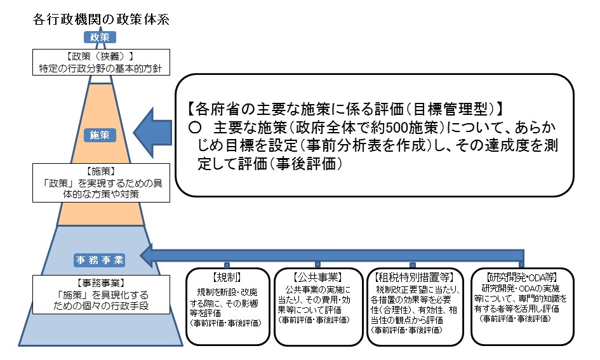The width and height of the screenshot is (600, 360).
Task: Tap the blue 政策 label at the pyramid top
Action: [x=100, y=37]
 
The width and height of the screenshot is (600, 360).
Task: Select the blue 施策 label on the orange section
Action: [x=100, y=135]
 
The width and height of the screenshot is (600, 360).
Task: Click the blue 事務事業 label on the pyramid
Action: [x=100, y=260]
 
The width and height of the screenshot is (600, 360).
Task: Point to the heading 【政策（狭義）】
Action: [x=100, y=56]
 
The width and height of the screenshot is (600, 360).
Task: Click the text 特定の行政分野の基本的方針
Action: [x=100, y=67]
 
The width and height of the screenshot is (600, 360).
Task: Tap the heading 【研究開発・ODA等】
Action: [x=522, y=277]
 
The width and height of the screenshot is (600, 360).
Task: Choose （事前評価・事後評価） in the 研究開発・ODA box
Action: [x=516, y=319]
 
